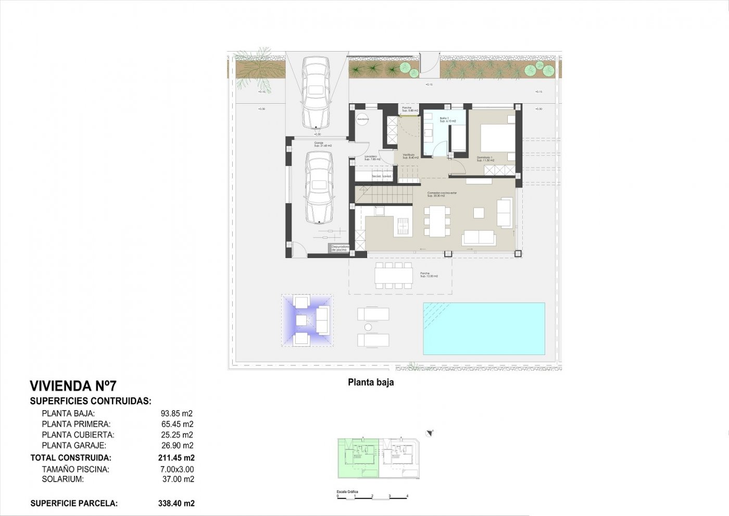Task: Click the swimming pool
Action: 484,329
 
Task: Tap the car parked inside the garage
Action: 319,187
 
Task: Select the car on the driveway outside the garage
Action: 316,92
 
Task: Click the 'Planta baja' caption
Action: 371,383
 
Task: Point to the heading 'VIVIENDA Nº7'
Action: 73,386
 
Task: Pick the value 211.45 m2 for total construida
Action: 176,458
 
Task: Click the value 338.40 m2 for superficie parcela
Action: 176,503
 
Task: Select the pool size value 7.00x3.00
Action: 177,470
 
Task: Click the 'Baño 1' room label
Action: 444,119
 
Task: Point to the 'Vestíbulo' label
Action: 408,155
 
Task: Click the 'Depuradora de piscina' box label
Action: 339,249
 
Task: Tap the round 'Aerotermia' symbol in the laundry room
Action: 363,119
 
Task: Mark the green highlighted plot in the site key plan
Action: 358,458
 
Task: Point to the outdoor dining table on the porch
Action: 394,275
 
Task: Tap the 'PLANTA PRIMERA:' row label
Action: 76,424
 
